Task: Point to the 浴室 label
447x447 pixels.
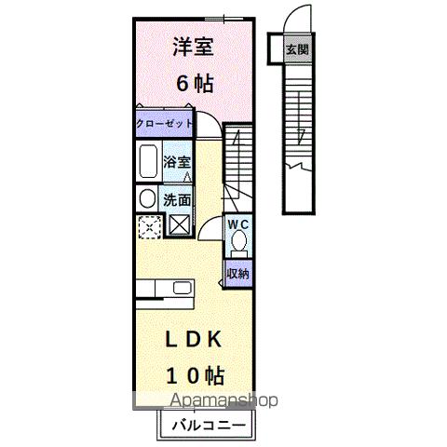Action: point(178,160)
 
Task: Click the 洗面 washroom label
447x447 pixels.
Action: point(178,198)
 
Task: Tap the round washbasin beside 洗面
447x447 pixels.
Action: point(147,198)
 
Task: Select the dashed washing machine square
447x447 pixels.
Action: point(148,225)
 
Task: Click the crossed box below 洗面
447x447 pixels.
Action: point(179,224)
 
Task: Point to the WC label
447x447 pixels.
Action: point(237,224)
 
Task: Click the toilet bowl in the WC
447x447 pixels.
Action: point(238,244)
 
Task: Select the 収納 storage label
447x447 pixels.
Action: point(237,273)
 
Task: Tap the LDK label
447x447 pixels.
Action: point(194,341)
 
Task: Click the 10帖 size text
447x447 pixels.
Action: point(194,376)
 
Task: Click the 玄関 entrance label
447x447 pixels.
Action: point(296,49)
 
